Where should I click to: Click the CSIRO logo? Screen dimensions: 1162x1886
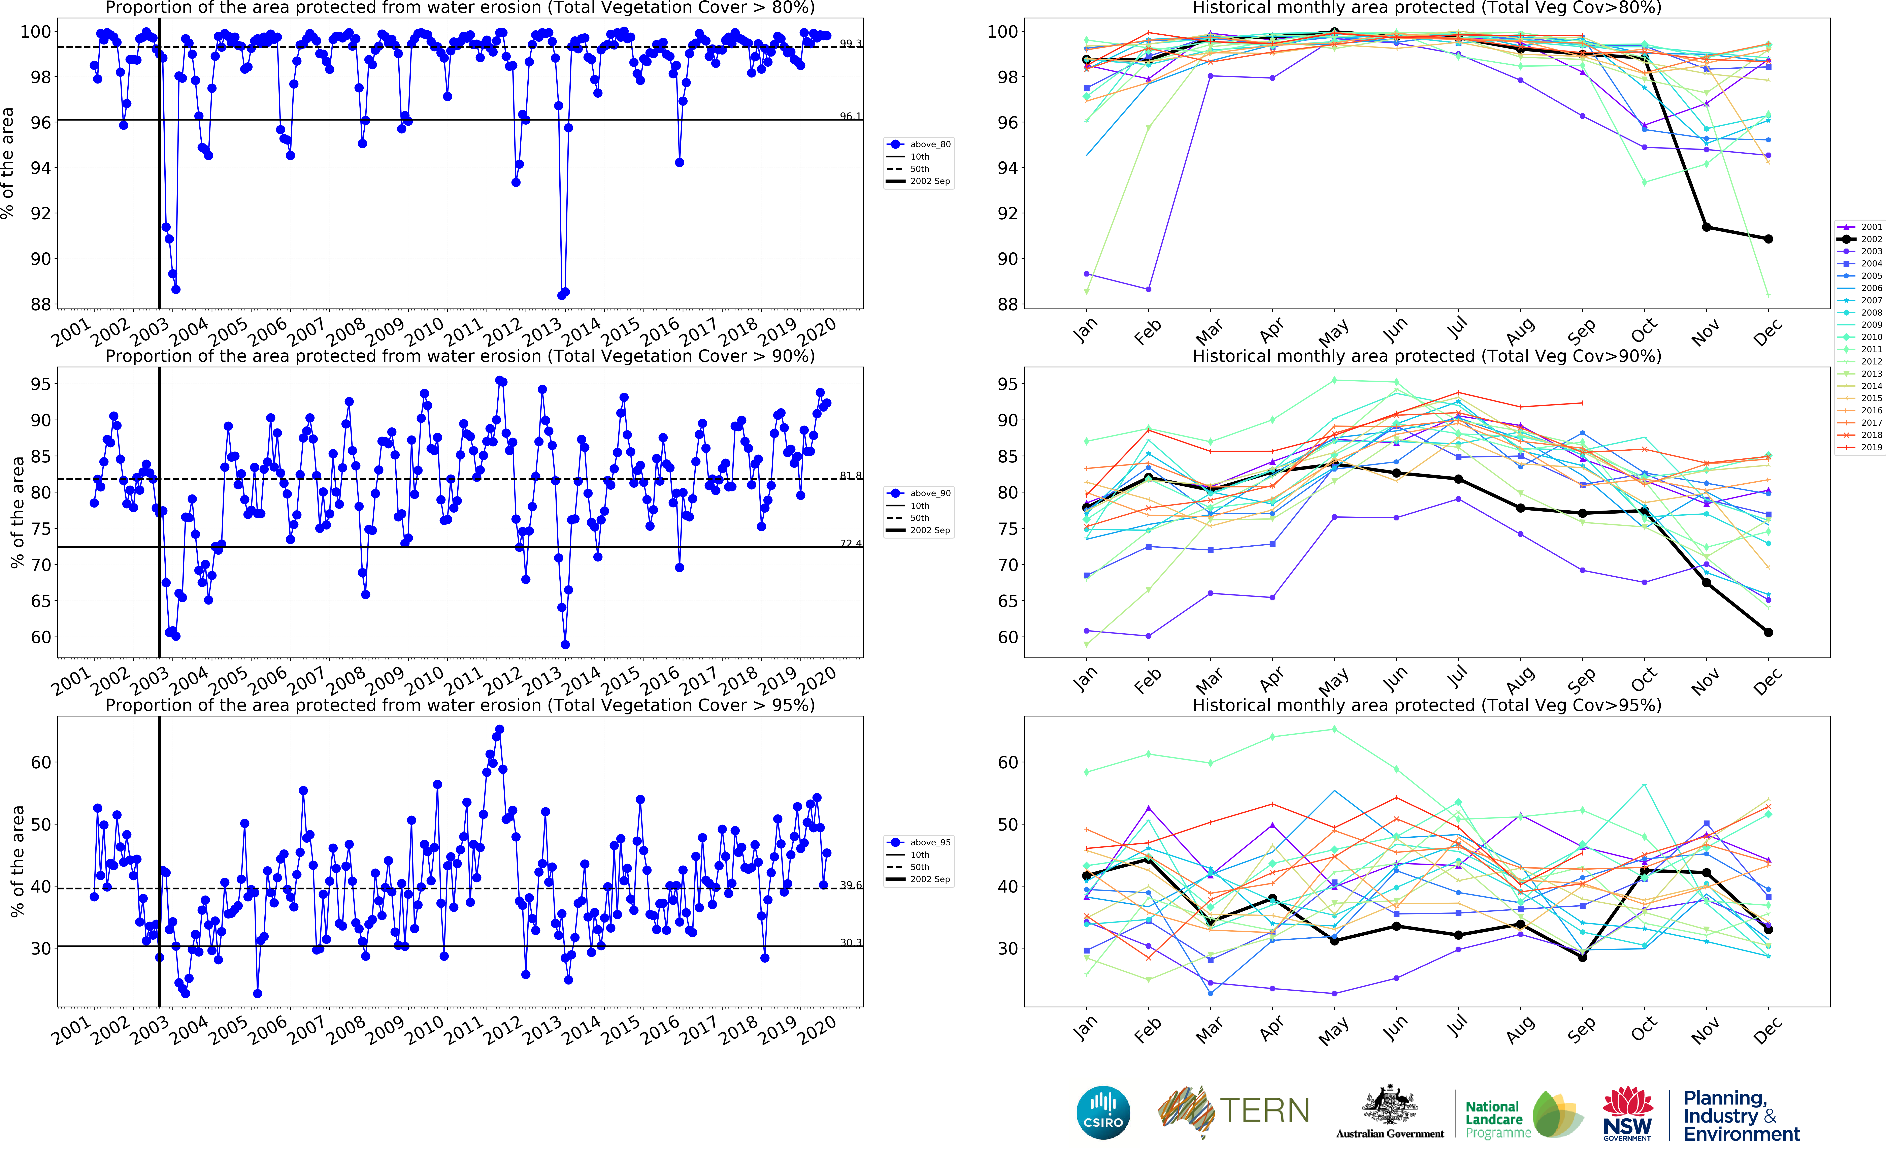pos(1103,1112)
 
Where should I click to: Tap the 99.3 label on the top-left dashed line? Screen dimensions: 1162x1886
pos(850,43)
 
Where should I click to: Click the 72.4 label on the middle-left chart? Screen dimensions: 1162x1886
pos(850,543)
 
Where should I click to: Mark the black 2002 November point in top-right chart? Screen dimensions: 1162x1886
pos(1706,227)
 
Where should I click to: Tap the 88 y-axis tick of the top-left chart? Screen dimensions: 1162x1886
pos(41,304)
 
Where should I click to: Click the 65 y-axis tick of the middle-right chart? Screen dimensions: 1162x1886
pos(1007,601)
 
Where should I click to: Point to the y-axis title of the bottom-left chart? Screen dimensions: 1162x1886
pos(17,861)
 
